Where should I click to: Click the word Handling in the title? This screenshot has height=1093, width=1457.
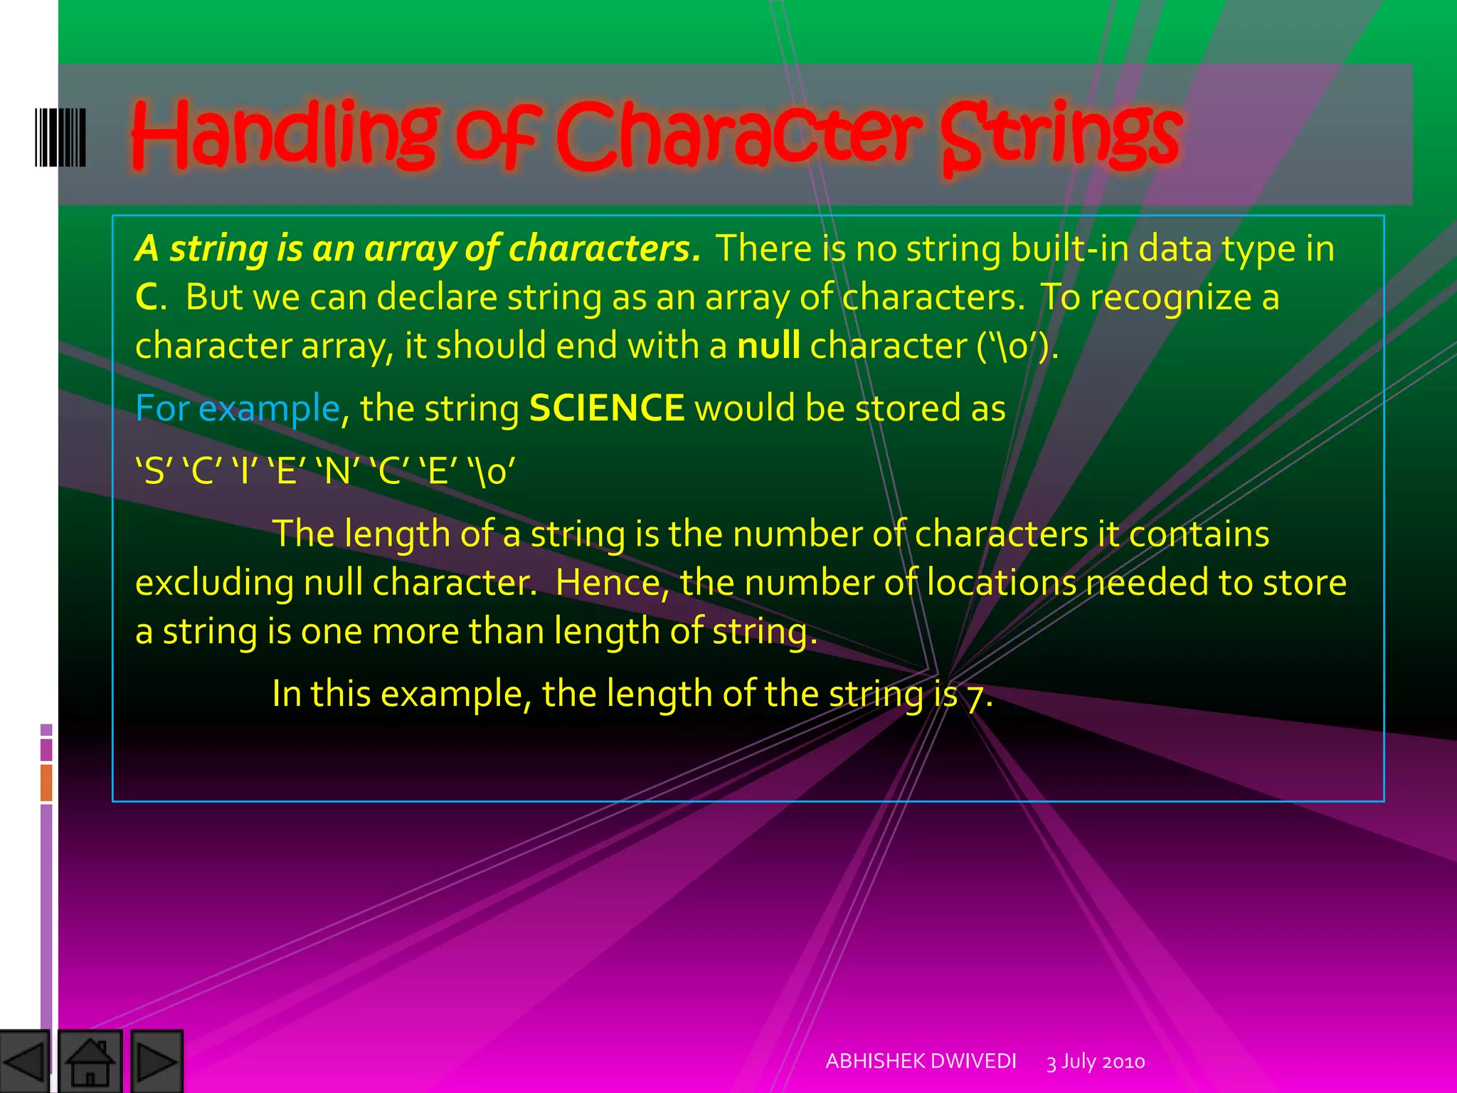[285, 135]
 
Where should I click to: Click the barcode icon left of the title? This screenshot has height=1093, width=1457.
[60, 137]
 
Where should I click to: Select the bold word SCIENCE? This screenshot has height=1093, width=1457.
[607, 408]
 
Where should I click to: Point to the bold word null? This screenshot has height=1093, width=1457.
[768, 346]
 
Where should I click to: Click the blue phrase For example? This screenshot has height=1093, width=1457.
[238, 408]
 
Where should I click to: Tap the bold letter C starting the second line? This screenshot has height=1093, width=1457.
[147, 297]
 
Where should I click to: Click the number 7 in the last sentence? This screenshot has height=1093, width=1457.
[975, 695]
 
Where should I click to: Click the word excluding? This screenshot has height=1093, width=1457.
[214, 583]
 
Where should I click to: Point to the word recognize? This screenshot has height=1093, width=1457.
[1170, 297]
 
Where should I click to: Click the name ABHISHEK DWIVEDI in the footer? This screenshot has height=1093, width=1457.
[921, 1061]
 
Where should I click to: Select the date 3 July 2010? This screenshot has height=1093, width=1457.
[1096, 1062]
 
